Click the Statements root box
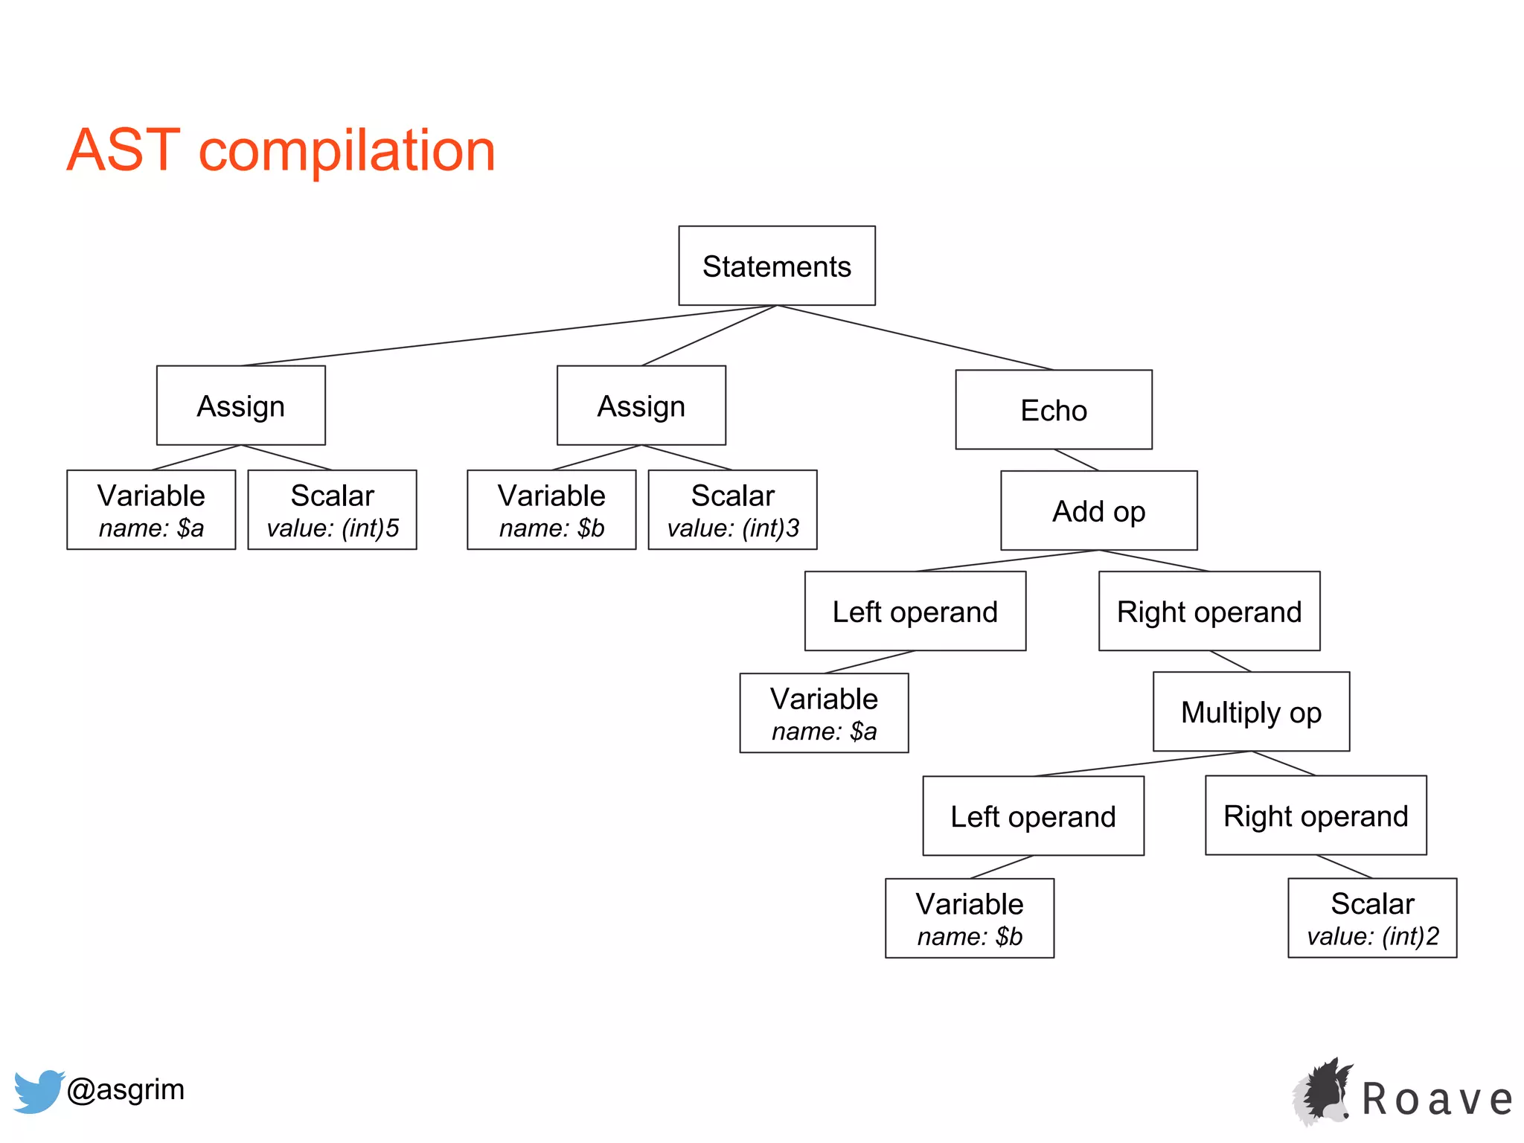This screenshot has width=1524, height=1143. pyautogui.click(x=776, y=266)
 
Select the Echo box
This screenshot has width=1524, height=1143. pyautogui.click(x=1053, y=410)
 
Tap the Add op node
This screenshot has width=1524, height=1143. pyautogui.click(x=1098, y=510)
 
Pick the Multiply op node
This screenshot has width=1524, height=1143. pyautogui.click(x=1251, y=712)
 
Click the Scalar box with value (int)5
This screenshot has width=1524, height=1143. pyautogui.click(x=332, y=510)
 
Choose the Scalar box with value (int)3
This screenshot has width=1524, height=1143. pyautogui.click(x=732, y=510)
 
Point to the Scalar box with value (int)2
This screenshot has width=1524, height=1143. pyautogui.click(x=1372, y=918)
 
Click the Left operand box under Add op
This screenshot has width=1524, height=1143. pyautogui.click(x=915, y=611)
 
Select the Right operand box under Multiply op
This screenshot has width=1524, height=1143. pyautogui.click(x=1316, y=816)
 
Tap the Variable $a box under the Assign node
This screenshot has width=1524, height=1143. pyautogui.click(x=151, y=510)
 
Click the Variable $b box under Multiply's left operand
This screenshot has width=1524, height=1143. pyautogui.click(x=969, y=918)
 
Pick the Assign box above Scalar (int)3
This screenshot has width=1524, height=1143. pyautogui.click(x=641, y=406)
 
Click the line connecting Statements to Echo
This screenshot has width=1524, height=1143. pyautogui.click(x=915, y=338)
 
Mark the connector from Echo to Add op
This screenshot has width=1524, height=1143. pyautogui.click(x=1076, y=460)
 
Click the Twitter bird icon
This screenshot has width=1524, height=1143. pyautogui.click(x=37, y=1091)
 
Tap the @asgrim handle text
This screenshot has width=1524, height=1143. pyautogui.click(x=126, y=1089)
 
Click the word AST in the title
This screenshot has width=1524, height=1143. pyautogui.click(x=124, y=150)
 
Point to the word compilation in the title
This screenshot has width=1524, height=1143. pyautogui.click(x=347, y=150)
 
